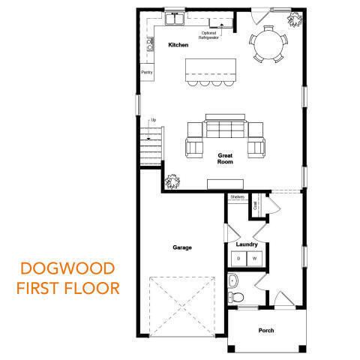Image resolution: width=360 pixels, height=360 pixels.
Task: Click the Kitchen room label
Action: (178, 46)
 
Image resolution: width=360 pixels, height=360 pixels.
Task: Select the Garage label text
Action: (182, 247)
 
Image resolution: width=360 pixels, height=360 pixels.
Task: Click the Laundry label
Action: (247, 244)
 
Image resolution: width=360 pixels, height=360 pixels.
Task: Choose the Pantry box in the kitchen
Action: (147, 73)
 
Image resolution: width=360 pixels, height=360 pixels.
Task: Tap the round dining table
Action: (270, 44)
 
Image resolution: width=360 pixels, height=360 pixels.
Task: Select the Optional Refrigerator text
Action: (210, 34)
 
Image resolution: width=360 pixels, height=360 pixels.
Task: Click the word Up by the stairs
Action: (154, 120)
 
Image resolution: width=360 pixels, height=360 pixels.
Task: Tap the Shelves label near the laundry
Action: (238, 196)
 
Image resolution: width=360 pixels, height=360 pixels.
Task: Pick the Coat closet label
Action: (255, 202)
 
